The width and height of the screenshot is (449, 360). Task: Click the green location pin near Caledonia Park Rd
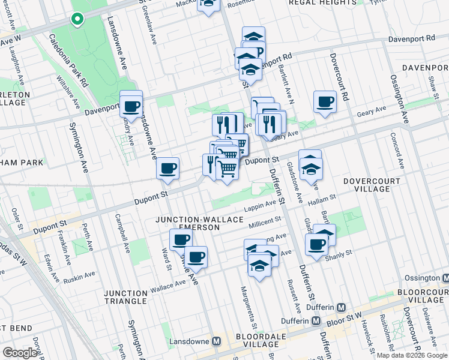point(77,19)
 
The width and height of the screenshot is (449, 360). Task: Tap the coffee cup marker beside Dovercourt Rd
point(325,101)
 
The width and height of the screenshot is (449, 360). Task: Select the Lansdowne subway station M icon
point(217,341)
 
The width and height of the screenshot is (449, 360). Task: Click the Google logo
point(20,352)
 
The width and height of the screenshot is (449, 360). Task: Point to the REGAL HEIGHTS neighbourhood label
point(323,3)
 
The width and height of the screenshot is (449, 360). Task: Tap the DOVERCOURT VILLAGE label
point(367,185)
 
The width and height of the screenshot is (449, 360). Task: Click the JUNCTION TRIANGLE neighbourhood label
point(125,297)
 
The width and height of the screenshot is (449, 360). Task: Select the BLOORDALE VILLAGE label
point(258,340)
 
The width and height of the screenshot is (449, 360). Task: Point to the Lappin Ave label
point(260,209)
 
